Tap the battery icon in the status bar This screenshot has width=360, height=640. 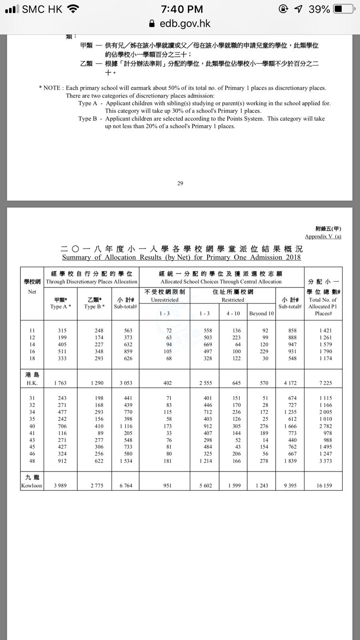(x=344, y=9)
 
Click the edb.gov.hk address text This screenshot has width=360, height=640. (x=185, y=24)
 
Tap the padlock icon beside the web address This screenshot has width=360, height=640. (x=152, y=24)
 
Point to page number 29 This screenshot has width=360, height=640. (x=180, y=183)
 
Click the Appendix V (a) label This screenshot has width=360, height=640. (x=323, y=236)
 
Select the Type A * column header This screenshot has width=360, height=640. (x=60, y=306)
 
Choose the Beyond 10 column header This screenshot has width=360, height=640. (x=261, y=314)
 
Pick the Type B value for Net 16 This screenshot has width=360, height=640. (x=99, y=351)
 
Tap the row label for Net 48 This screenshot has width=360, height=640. (x=32, y=461)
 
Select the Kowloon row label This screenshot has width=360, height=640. (x=32, y=486)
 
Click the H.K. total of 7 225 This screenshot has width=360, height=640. (x=325, y=383)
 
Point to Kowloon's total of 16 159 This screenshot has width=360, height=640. (x=324, y=486)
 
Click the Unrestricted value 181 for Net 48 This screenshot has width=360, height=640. (x=168, y=461)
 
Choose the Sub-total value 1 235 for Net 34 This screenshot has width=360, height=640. (x=290, y=412)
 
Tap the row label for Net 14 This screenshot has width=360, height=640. (x=32, y=344)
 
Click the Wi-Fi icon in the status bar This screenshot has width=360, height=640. (x=73, y=9)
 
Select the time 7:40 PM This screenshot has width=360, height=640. (x=182, y=9)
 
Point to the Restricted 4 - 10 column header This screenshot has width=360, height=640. (x=233, y=314)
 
